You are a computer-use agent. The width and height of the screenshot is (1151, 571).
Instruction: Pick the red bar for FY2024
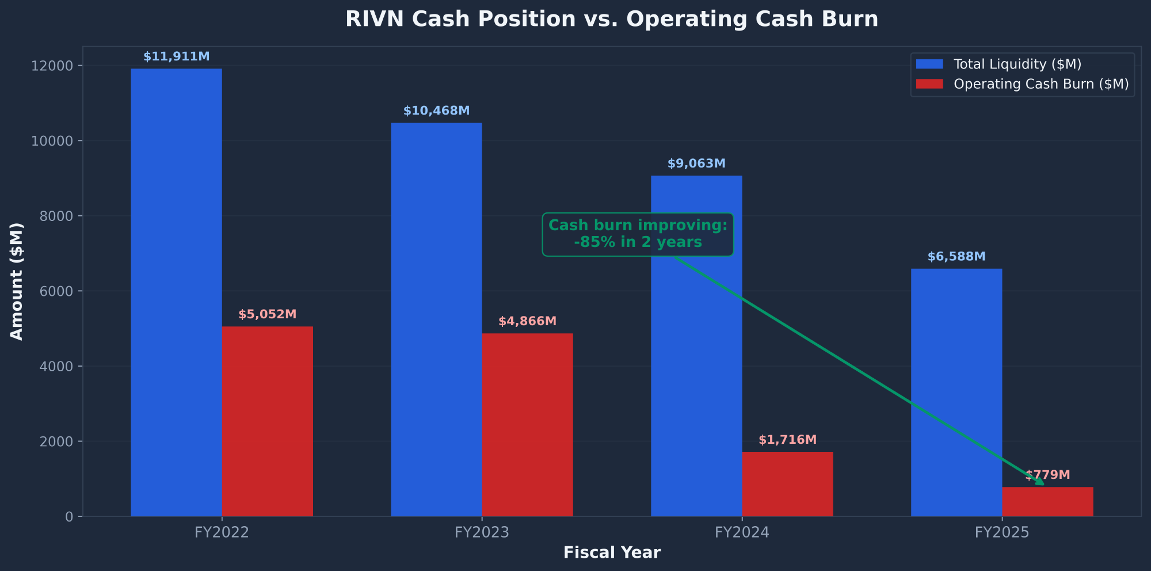click(x=787, y=484)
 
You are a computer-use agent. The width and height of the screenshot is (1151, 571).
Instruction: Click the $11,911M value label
click(x=176, y=56)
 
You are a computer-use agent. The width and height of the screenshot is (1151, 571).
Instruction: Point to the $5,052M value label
click(x=268, y=314)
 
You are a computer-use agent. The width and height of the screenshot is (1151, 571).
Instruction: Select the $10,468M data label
click(x=436, y=111)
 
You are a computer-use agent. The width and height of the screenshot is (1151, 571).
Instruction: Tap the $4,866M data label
click(x=527, y=321)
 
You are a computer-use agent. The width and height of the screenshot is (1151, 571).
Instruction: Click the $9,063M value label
click(x=696, y=163)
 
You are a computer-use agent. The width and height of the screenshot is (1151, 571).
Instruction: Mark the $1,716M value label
click(x=787, y=440)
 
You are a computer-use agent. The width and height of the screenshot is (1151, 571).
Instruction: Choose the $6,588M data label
click(x=956, y=257)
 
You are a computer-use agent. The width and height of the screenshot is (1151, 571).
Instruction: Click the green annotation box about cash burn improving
click(x=638, y=234)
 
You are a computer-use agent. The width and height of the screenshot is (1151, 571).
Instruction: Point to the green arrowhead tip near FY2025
click(x=1043, y=485)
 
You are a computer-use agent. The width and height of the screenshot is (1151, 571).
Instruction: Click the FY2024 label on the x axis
click(x=742, y=532)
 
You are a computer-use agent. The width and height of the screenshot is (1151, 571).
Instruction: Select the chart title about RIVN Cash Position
click(x=612, y=19)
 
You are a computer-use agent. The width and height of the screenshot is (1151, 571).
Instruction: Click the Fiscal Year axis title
click(x=612, y=553)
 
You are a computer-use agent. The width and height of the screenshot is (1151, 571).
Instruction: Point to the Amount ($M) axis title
click(x=17, y=281)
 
